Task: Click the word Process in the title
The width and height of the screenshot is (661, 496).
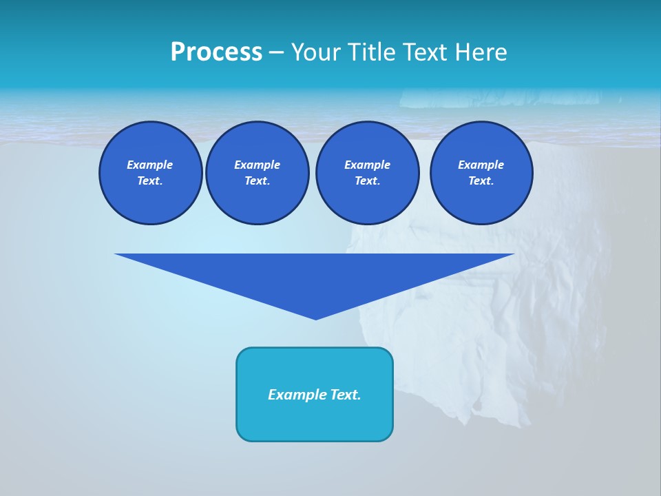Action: click(216, 52)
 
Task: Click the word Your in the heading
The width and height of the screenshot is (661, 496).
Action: click(316, 52)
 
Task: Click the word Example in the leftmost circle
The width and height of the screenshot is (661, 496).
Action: click(150, 165)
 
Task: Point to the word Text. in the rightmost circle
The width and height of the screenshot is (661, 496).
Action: click(481, 180)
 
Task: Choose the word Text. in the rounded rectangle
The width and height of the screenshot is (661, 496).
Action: click(345, 395)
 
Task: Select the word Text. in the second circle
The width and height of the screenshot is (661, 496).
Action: click(257, 180)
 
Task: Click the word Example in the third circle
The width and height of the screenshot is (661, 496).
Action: click(367, 165)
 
